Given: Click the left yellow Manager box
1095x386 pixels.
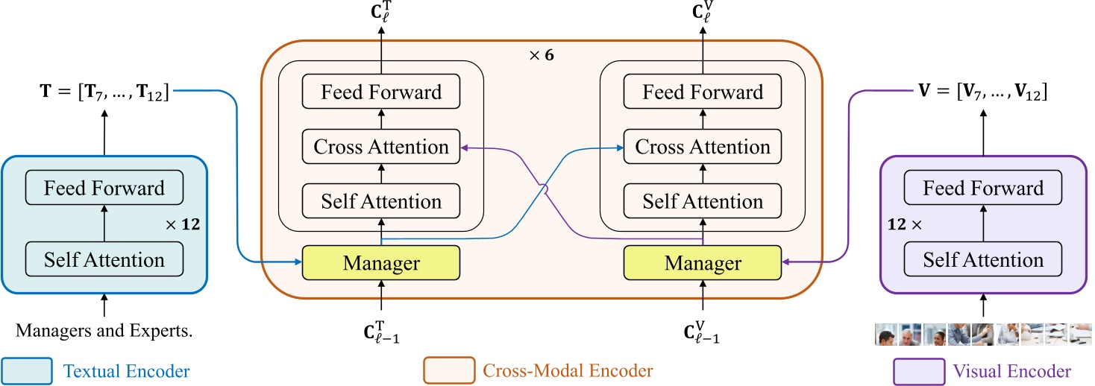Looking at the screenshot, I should coord(381,262).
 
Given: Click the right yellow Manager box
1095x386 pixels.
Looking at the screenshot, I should coord(703,262).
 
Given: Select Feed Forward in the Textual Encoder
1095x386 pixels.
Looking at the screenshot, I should coord(104,188).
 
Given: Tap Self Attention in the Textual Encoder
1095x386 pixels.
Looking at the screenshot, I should coord(104,260).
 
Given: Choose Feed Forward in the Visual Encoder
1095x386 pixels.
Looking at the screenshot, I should coord(983,188).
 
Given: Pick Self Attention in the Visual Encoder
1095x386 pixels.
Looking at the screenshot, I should coord(983,260).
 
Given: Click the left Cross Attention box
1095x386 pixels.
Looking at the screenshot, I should coord(381,147).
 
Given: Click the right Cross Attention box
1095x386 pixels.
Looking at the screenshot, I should coord(703,147).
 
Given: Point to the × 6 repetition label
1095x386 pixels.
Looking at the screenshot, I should coord(541,55).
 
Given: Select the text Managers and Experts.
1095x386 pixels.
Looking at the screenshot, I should coord(104,331).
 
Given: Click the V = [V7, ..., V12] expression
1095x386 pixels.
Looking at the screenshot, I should coord(983,92).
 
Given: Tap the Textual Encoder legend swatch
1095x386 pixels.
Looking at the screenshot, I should coord(27,370).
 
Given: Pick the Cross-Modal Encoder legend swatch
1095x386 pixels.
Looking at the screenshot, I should coord(448,370).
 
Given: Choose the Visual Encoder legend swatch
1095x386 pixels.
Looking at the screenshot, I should coord(918,370).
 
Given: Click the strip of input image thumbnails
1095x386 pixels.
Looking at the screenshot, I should coord(983,334).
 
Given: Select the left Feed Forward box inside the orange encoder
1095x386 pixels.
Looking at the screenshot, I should coord(381,92).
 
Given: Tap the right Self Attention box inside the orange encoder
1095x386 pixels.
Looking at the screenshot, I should coord(703,201).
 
